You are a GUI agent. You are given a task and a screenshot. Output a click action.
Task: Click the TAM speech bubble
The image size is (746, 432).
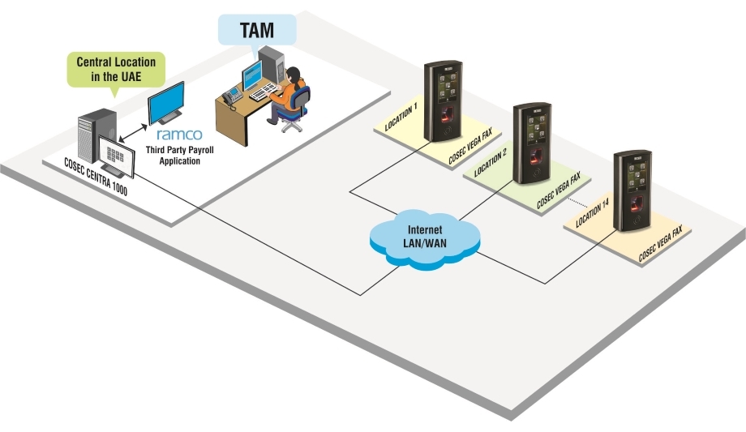pyautogui.click(x=256, y=30)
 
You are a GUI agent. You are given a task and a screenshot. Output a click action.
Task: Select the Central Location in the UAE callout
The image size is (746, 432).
pyautogui.click(x=116, y=69)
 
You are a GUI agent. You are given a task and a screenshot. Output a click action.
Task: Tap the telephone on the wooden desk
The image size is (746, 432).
pyautogui.click(x=232, y=96)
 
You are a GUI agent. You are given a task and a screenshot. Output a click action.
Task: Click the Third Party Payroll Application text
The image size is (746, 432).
pyautogui.click(x=174, y=156)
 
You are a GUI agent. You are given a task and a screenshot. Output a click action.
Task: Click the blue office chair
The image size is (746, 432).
pyautogui.click(x=297, y=109)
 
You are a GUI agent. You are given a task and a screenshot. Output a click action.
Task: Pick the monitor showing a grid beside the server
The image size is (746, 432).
pyautogui.click(x=114, y=155)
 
